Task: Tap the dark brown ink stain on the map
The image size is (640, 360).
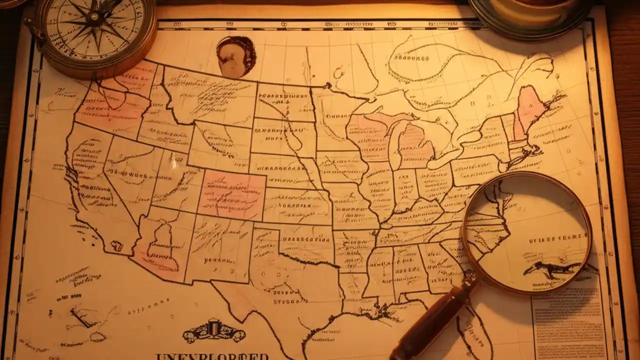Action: coord(235,56)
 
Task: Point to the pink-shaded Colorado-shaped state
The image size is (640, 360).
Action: coord(232,195)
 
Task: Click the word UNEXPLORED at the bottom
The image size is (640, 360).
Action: coord(212,356)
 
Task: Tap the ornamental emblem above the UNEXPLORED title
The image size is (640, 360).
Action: coord(213,331)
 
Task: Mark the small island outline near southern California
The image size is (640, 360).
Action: coord(116,245)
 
